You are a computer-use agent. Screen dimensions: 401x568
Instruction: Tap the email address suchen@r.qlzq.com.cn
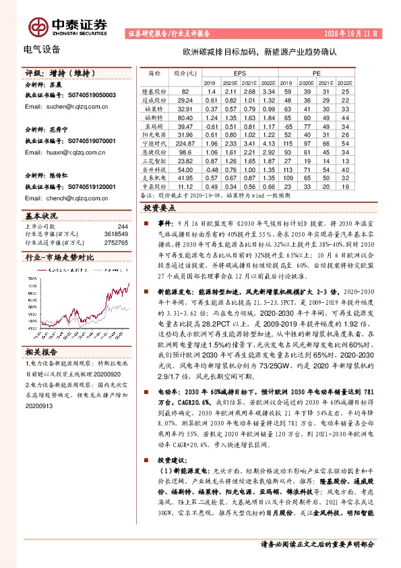70,107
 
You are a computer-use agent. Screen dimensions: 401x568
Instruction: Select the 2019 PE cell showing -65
288,125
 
